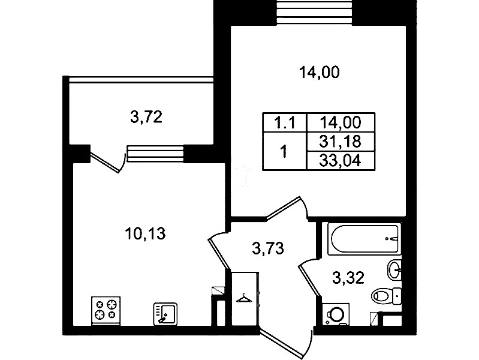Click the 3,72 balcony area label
point(146,117)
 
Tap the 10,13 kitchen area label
point(145,234)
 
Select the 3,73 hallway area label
point(268,248)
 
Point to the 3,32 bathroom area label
point(348,278)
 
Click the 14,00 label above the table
point(319,73)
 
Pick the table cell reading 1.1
point(284,123)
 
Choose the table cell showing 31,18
point(341,142)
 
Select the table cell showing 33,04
point(341,161)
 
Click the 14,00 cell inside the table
point(341,122)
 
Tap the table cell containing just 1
point(284,151)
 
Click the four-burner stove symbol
point(106,311)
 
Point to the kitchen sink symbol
point(165,314)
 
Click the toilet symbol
point(386,296)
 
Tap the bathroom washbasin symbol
point(394,269)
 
